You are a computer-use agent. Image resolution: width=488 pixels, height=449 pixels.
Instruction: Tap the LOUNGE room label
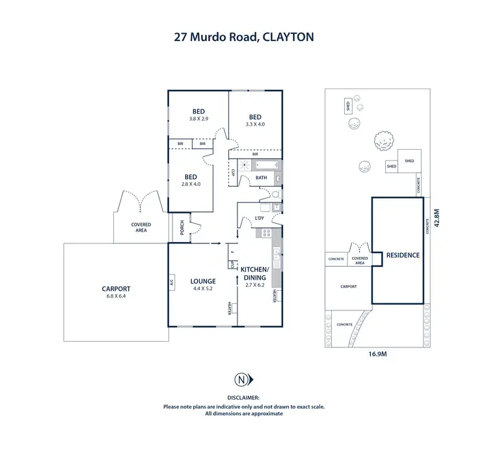click(202, 281)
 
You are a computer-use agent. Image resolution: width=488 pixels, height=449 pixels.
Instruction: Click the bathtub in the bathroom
click(267, 166)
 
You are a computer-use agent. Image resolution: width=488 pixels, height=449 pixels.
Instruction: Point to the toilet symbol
click(276, 194)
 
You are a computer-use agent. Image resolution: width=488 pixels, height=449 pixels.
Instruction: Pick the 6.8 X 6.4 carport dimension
click(116, 297)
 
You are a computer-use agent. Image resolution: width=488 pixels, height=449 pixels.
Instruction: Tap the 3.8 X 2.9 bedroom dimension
click(198, 118)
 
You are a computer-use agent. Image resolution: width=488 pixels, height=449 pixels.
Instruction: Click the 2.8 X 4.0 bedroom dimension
click(191, 184)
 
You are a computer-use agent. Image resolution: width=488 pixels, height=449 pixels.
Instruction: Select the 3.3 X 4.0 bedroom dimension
click(255, 124)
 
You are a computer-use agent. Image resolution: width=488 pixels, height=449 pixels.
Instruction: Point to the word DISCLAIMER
click(244, 397)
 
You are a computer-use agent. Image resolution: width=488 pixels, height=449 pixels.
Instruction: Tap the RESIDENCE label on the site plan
click(402, 256)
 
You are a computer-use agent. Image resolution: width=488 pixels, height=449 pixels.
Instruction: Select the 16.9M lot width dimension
click(379, 354)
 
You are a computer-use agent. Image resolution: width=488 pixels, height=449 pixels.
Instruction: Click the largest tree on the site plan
click(384, 140)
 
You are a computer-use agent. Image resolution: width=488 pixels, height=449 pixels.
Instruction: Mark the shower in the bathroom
click(242, 167)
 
